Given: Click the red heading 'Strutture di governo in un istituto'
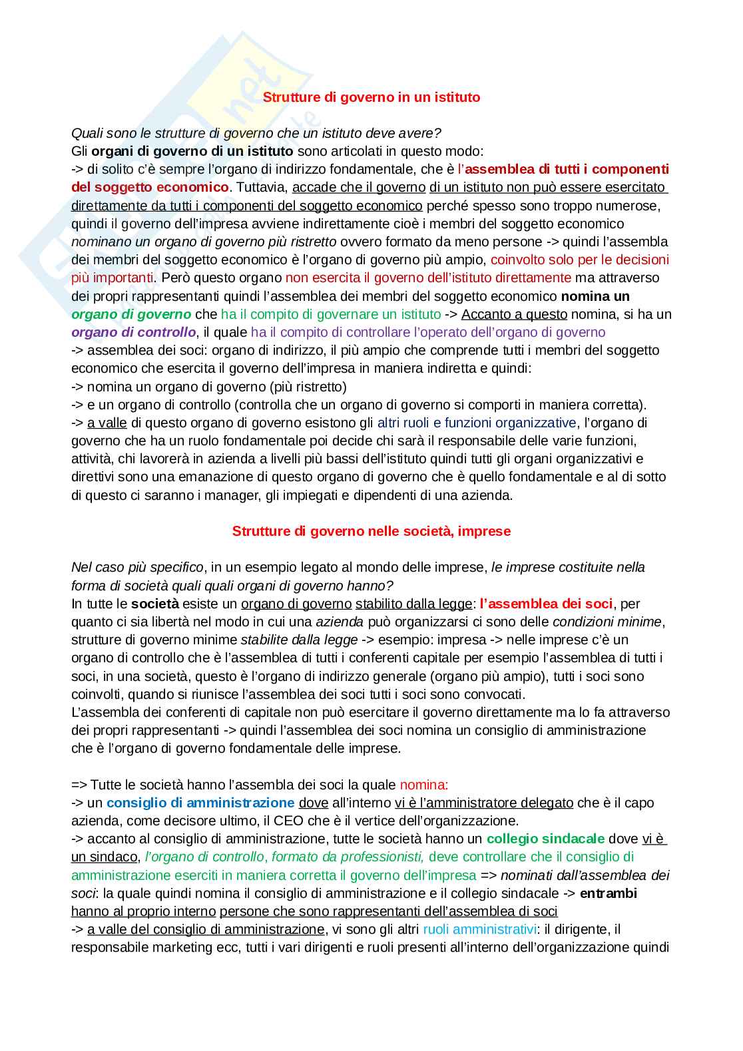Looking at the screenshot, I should (371, 97).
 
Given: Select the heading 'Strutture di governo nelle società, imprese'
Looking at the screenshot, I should (371, 531).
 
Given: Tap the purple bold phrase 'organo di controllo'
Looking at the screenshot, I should (133, 332).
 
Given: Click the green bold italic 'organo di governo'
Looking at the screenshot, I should (131, 314).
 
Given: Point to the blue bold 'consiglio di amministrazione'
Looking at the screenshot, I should (200, 803).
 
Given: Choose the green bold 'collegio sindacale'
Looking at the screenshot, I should (545, 839).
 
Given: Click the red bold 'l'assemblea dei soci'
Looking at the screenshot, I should (546, 604).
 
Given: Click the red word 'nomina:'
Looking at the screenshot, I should (424, 785).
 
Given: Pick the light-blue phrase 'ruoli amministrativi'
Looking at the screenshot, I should (479, 929).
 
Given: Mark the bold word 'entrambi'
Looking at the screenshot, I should (609, 893).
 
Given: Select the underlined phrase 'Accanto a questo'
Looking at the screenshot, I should (514, 314).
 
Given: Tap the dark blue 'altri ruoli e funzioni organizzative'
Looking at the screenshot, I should (477, 423).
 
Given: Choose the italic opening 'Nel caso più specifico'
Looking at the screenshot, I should (137, 567).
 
